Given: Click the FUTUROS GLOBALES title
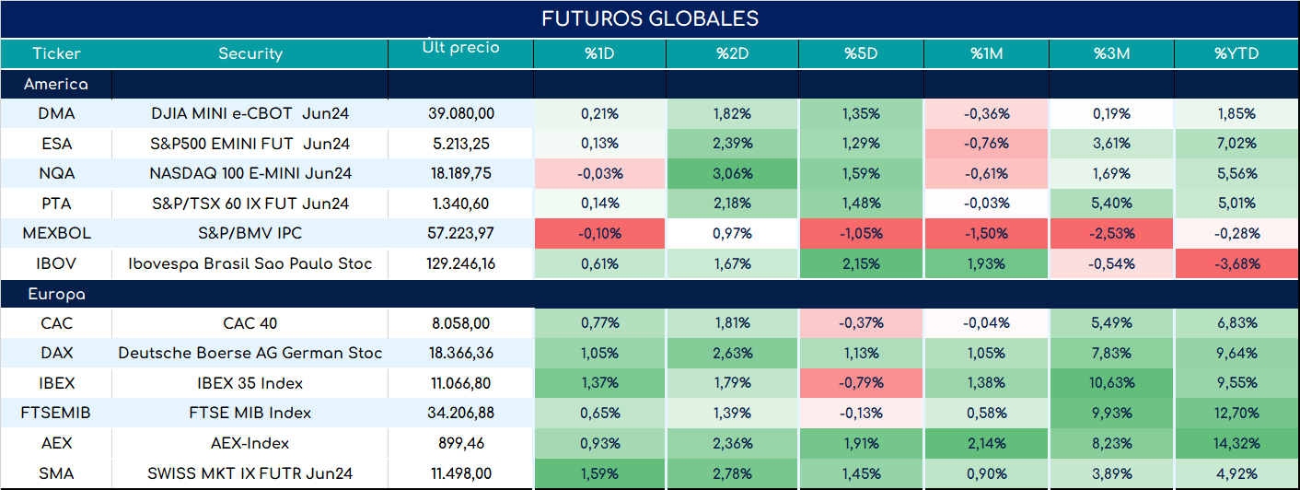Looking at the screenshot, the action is [650, 18].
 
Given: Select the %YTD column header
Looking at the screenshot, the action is [1236, 53].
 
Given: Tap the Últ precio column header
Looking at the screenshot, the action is [461, 47].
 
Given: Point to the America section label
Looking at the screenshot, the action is [56, 84].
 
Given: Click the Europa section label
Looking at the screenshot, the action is [57, 295].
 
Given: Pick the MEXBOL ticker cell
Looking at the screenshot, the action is [57, 233].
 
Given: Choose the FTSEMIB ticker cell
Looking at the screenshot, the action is [56, 413].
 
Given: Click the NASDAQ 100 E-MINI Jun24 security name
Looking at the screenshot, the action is [250, 173].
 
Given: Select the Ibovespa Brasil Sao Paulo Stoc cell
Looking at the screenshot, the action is [250, 263].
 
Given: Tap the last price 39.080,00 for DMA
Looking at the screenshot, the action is [461, 113].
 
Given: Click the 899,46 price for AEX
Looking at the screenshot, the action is [461, 444].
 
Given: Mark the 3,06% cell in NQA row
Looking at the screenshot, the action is [733, 173].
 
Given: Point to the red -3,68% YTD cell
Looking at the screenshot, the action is [1236, 263].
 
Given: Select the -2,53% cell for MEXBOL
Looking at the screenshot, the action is [1111, 233].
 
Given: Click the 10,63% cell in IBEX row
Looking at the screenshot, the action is [1111, 383].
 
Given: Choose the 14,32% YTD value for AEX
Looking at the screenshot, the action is [1236, 444].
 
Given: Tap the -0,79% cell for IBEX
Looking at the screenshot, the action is [861, 383].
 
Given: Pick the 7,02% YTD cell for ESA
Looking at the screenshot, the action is [1236, 144].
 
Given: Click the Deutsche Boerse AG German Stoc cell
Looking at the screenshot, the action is [250, 353].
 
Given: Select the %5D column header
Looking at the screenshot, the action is [861, 53].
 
